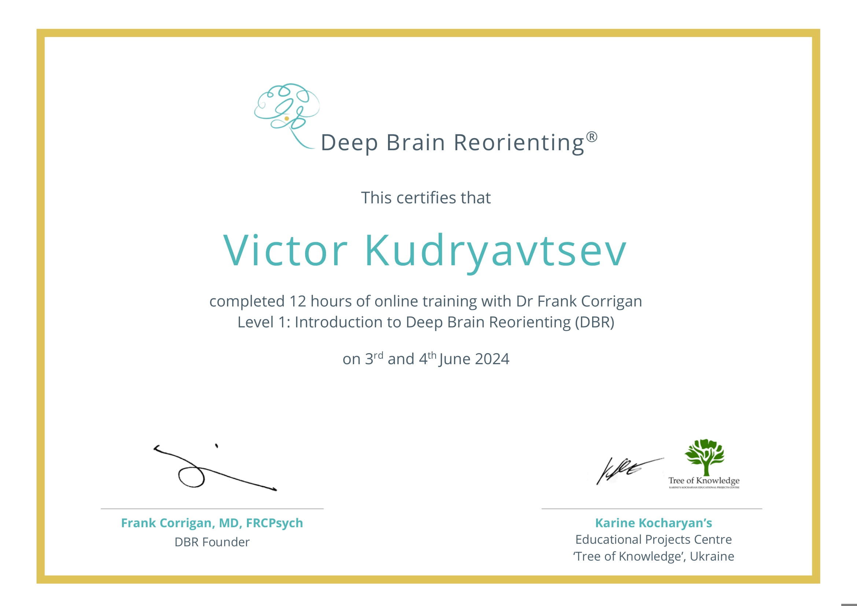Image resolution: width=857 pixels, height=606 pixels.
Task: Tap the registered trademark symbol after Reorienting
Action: tap(592, 137)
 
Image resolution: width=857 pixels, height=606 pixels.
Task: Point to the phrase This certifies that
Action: tap(426, 198)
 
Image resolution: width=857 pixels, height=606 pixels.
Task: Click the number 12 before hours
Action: tap(298, 301)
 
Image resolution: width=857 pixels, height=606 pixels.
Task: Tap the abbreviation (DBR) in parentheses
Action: tap(594, 322)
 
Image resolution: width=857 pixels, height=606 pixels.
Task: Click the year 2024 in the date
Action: tap(492, 359)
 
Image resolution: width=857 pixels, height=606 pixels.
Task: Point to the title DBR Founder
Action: tap(212, 542)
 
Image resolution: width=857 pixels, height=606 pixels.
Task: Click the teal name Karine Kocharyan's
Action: tap(654, 523)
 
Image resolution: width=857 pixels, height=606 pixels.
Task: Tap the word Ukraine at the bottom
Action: tap(712, 557)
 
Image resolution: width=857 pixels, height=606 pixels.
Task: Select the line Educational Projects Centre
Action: tap(654, 540)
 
